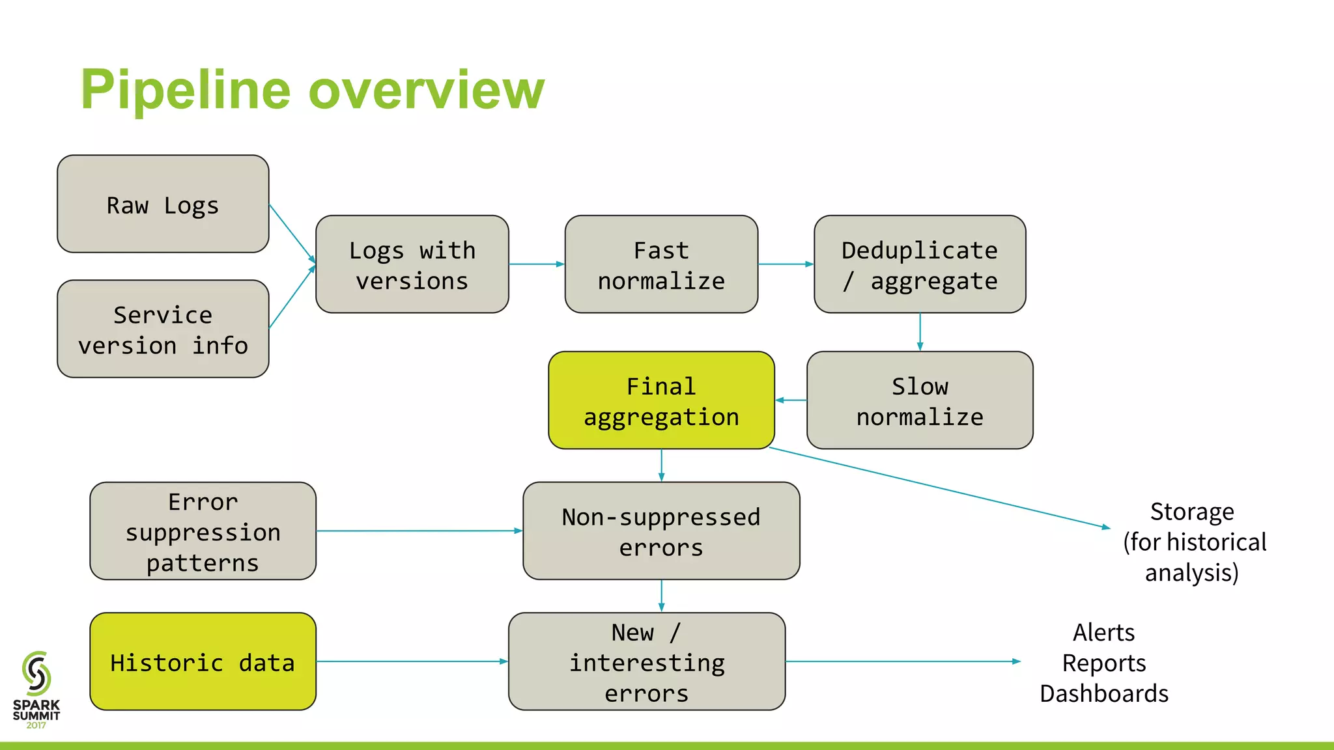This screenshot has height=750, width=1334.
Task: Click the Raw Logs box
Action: coord(163,204)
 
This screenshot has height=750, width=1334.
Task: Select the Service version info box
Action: coord(163,329)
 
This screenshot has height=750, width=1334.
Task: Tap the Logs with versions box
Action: coord(412,264)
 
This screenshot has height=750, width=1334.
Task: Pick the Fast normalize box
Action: coord(661,264)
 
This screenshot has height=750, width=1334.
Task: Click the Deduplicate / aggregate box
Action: coord(920,264)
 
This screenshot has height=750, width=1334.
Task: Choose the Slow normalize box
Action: coord(920,400)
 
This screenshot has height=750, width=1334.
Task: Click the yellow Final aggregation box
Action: coord(661,400)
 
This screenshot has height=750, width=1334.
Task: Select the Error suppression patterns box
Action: coord(203,531)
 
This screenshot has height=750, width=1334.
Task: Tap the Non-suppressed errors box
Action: coord(661,531)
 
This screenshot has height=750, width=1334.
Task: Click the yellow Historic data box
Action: coord(203,661)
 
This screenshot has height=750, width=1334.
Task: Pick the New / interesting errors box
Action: coord(647,661)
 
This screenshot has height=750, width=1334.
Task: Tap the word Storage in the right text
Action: coord(1191,512)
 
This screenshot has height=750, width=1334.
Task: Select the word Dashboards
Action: coord(1104,693)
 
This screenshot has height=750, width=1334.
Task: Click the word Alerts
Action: coord(1104,632)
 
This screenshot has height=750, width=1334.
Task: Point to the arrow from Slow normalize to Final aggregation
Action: coord(791,400)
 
